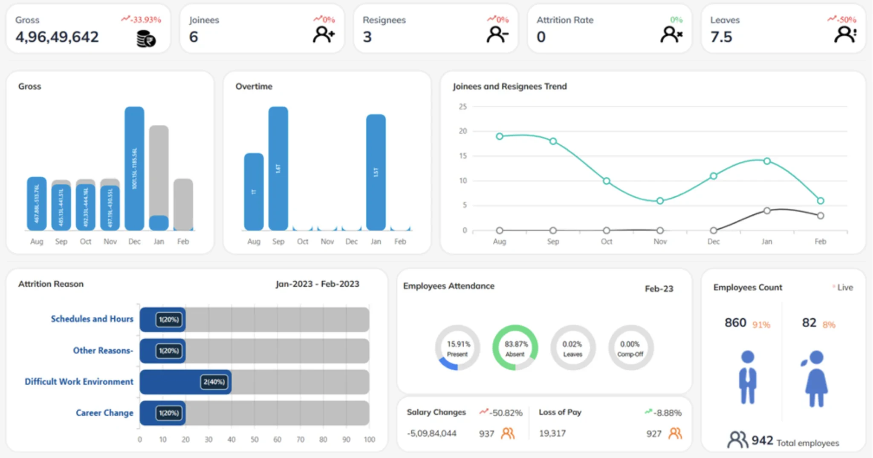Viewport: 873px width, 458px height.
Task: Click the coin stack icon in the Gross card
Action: coord(146,39)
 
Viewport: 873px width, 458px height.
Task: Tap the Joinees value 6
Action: coord(194,37)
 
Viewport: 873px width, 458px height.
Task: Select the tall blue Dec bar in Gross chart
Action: coord(134,168)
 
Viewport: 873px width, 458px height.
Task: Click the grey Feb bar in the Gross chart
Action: coord(183,204)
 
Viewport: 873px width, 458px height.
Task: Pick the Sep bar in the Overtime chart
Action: coord(278,168)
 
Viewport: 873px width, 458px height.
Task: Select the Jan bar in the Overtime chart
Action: coord(376,172)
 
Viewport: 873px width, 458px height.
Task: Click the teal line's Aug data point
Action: coord(500,136)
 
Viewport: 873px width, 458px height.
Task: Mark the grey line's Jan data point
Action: coord(767,210)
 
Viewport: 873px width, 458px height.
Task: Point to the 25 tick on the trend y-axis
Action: coord(463,107)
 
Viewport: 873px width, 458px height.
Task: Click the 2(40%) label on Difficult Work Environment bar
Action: coord(214,382)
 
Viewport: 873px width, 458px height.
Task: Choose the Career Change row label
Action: coord(104,413)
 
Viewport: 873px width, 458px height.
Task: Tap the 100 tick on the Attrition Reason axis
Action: coord(369,439)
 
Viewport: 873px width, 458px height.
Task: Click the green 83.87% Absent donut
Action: coord(515,348)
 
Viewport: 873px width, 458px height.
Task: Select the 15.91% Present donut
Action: coord(458,348)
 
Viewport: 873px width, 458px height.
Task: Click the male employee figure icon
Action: coord(748,377)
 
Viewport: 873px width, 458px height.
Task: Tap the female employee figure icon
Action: coord(816,378)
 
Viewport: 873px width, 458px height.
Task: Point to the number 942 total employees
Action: coord(762,440)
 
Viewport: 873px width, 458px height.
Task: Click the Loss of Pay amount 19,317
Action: coord(552,433)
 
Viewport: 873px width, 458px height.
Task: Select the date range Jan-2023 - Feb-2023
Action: coord(317,284)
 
